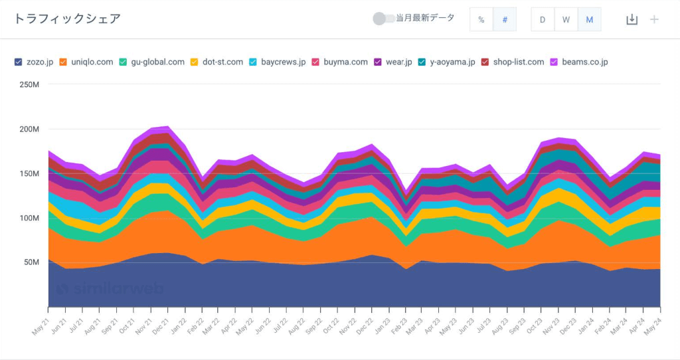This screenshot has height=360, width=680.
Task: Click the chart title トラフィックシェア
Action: (67, 19)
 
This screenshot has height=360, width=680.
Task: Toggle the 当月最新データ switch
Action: (383, 19)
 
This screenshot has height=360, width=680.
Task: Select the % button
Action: (481, 19)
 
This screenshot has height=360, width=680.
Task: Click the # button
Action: (505, 19)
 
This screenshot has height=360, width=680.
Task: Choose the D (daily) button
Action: (543, 19)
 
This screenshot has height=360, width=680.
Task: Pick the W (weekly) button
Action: (566, 19)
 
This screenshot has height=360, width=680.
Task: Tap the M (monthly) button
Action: (590, 19)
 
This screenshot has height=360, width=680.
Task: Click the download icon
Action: (632, 19)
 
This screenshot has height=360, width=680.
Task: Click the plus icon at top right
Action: (654, 19)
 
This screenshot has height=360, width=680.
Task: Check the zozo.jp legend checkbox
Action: (18, 62)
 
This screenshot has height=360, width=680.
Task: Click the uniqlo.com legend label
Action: (92, 62)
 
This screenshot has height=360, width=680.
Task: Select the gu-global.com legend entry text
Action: (158, 62)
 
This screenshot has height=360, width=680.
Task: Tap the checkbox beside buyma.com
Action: (315, 62)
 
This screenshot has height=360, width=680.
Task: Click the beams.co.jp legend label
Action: (585, 62)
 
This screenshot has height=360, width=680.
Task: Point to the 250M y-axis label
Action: (29, 84)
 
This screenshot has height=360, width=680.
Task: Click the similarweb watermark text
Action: (110, 288)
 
